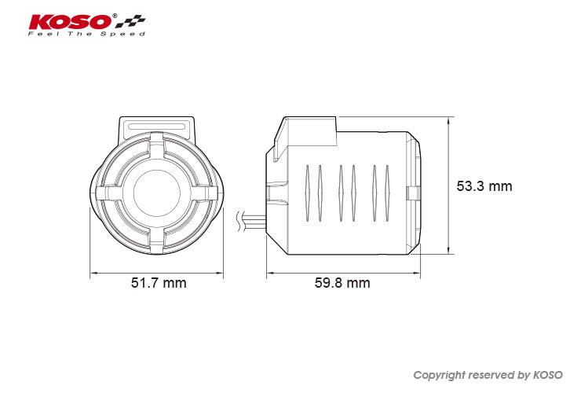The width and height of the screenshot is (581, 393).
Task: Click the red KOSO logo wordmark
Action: pos(70,22)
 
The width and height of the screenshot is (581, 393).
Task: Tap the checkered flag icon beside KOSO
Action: pos(130,22)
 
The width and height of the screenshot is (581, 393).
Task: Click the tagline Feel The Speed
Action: pos(86,34)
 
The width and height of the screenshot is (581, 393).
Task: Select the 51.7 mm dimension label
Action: pos(159,283)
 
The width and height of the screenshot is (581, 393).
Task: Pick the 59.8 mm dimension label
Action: pos(342,283)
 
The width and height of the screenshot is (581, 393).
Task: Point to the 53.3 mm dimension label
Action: pos(484,186)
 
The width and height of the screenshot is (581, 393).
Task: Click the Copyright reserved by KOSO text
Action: pos(488,375)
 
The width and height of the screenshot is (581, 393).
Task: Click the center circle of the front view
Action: pos(157,193)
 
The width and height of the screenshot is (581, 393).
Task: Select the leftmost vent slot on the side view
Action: pos(307,193)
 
